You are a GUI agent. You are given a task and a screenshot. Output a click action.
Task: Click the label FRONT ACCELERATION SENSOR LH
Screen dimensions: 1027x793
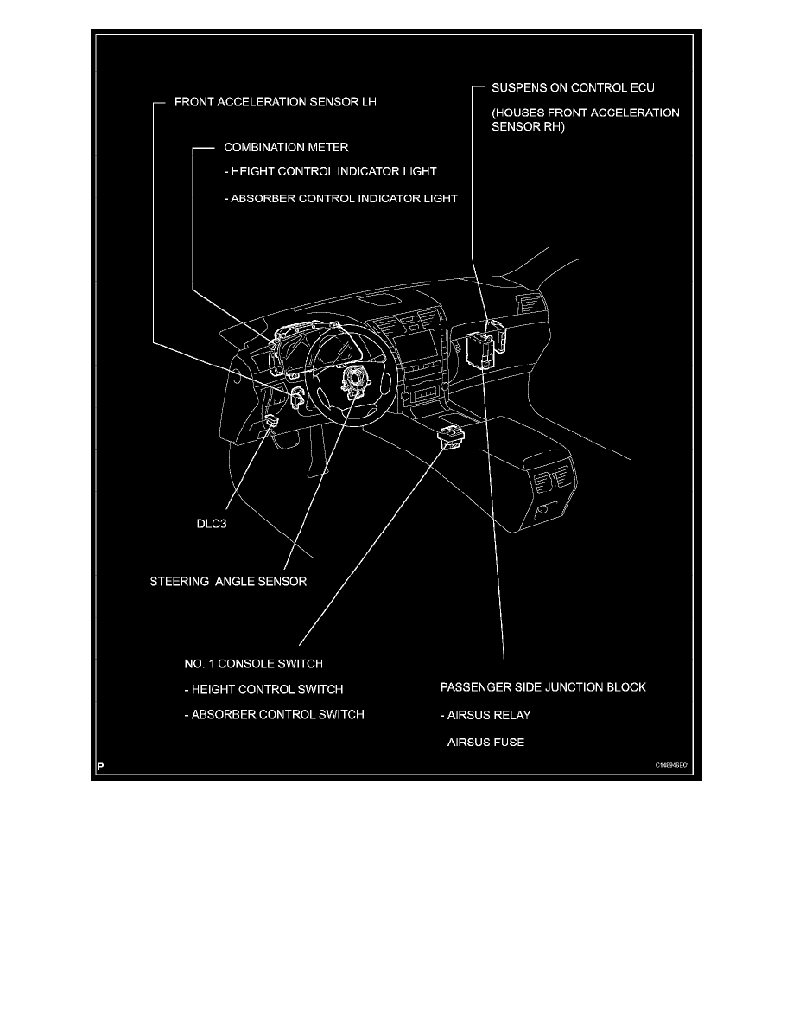(x=276, y=102)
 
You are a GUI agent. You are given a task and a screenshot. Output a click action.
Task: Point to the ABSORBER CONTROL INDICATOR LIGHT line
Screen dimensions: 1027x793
(x=339, y=198)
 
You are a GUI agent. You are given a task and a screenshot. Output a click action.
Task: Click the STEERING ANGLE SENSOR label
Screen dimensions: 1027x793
(x=229, y=582)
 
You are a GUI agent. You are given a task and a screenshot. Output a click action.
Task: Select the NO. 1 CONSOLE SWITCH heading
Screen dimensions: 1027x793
(x=254, y=664)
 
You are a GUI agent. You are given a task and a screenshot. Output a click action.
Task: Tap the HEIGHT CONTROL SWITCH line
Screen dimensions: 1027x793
(x=263, y=689)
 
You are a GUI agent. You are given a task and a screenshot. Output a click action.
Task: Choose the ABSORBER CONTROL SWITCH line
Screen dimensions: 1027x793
(x=274, y=715)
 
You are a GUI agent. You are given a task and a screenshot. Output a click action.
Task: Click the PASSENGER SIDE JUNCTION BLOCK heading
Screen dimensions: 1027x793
(x=543, y=688)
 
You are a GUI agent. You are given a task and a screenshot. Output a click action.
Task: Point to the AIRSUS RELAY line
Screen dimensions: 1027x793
(x=485, y=716)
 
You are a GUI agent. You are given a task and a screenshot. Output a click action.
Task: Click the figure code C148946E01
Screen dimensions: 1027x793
(x=672, y=765)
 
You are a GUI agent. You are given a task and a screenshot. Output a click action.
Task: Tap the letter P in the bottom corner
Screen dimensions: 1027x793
(x=101, y=766)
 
